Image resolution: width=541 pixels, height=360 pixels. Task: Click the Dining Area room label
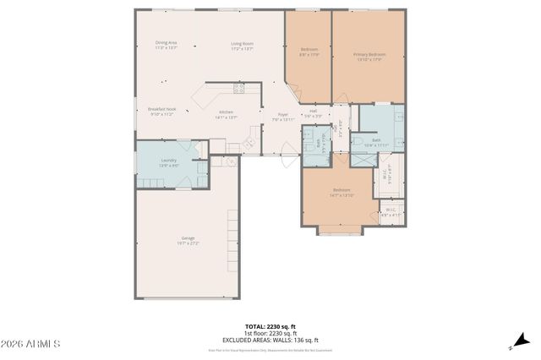(166, 42)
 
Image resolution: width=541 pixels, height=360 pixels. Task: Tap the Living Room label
(243, 43)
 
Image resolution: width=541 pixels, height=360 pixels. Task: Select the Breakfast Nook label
(161, 109)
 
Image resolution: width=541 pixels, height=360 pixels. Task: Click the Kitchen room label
(227, 112)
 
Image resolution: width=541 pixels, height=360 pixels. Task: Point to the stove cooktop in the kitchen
(239, 87)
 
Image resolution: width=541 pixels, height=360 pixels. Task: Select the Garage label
(188, 237)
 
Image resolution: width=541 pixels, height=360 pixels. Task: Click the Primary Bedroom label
(368, 55)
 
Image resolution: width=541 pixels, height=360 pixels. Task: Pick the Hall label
(313, 111)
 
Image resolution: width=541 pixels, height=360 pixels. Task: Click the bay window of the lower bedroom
(341, 229)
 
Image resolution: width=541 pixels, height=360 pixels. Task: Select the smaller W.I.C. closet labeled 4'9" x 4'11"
(391, 211)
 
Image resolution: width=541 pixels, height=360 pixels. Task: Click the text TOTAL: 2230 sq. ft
(270, 325)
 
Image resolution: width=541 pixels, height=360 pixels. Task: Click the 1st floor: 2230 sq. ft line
(270, 332)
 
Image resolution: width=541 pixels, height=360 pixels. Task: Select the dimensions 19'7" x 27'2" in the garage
(188, 243)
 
